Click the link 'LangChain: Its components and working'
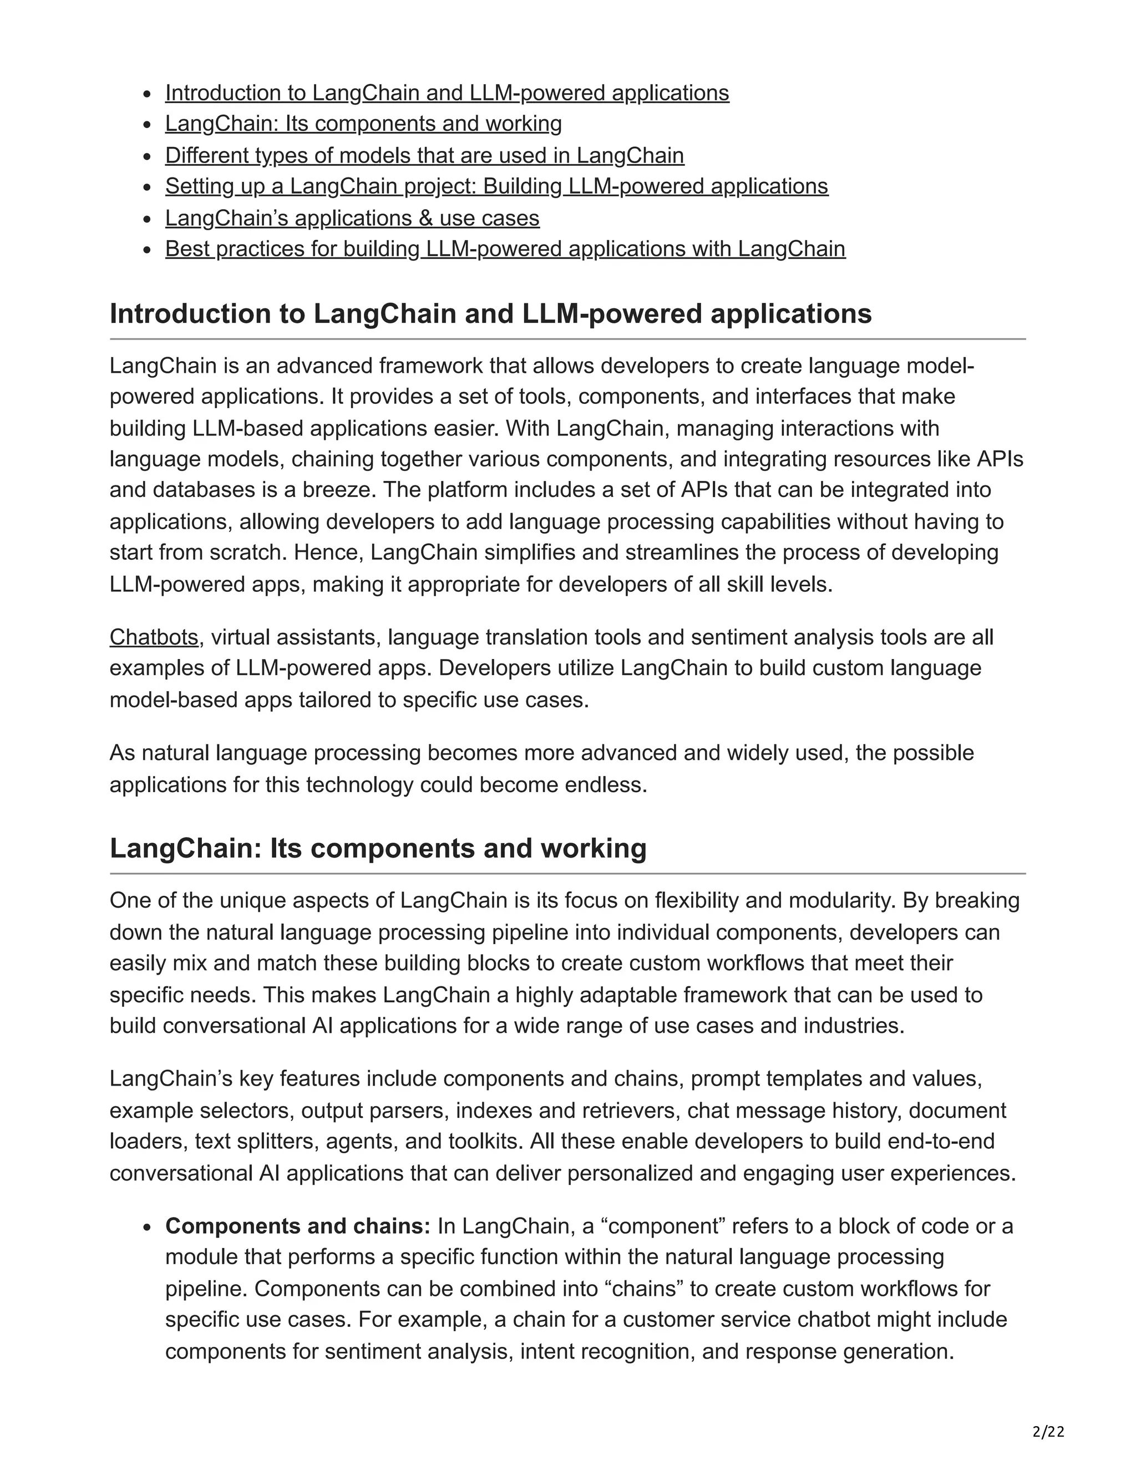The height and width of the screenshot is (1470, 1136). click(363, 124)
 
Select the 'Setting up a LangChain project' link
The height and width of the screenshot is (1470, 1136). click(496, 186)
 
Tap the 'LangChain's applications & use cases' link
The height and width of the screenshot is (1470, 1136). click(352, 218)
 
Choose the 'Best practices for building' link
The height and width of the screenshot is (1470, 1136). click(505, 249)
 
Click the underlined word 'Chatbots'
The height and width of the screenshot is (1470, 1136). click(154, 637)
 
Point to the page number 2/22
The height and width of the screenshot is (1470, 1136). click(1048, 1432)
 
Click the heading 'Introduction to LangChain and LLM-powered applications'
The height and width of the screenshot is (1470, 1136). click(490, 313)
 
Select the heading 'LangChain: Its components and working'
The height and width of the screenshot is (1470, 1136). click(378, 848)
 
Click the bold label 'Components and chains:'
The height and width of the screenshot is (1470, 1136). click(297, 1226)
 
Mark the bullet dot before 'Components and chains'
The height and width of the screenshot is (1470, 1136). click(149, 1228)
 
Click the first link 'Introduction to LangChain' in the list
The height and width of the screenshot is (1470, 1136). click(447, 93)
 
